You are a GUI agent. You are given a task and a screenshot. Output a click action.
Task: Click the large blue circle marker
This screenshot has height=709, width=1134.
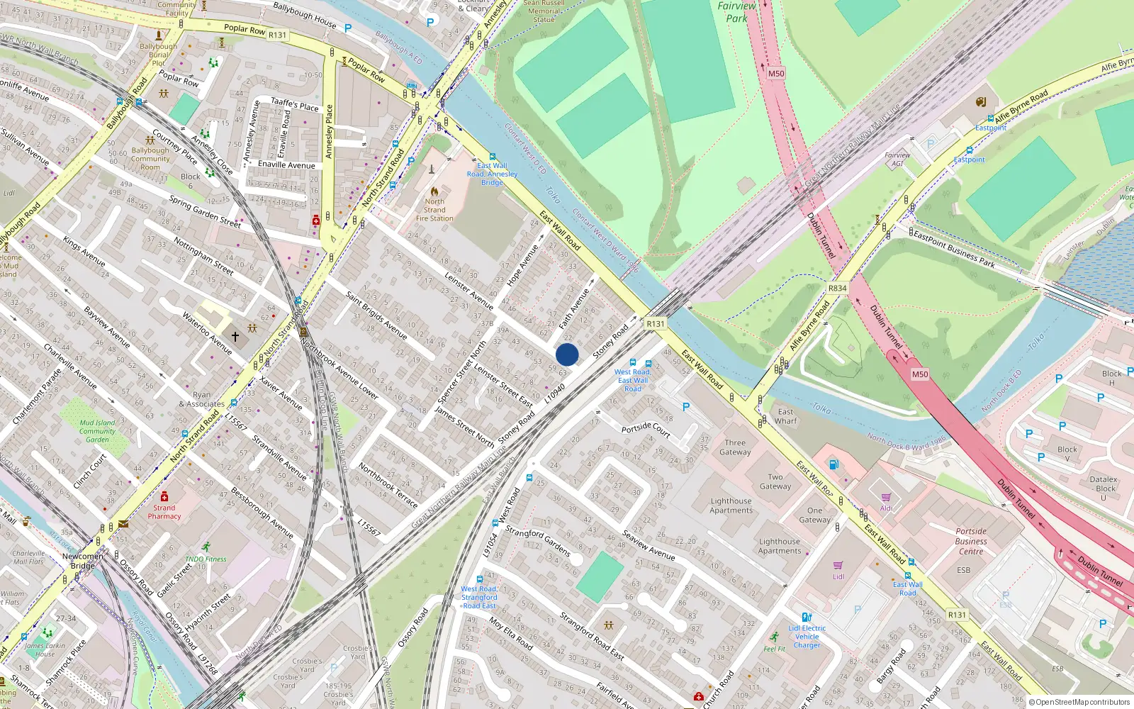click(x=567, y=354)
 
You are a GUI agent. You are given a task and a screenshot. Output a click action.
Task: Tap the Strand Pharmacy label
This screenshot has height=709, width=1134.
click(x=164, y=512)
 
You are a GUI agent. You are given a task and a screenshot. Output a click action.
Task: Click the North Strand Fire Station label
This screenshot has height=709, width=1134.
click(x=434, y=210)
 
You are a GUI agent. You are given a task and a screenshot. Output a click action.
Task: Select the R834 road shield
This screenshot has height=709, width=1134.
click(x=837, y=288)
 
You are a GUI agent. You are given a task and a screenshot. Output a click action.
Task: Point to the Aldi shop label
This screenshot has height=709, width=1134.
click(x=886, y=508)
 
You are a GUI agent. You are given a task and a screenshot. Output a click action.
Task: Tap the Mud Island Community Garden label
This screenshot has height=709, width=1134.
click(x=97, y=431)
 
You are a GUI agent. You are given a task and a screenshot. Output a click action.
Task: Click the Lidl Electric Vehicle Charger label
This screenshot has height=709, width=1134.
click(x=807, y=637)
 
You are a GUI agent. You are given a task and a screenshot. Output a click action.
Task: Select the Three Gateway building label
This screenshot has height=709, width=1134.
click(x=735, y=447)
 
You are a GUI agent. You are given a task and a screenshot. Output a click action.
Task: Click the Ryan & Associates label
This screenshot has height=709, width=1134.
click(x=202, y=400)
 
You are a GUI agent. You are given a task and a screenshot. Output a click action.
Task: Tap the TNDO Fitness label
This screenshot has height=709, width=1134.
click(x=206, y=559)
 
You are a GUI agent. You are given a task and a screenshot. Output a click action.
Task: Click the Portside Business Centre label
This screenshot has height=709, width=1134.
click(x=971, y=541)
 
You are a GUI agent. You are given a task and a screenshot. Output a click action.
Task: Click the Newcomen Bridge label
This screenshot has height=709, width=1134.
click(x=82, y=561)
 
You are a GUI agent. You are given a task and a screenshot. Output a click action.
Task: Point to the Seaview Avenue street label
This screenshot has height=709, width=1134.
click(x=649, y=545)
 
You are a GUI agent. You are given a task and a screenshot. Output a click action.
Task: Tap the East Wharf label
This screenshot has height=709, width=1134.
click(x=785, y=416)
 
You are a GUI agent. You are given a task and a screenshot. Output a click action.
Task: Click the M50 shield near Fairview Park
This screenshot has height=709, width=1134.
click(x=776, y=73)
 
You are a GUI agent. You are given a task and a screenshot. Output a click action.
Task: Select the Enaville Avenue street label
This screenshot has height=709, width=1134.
click(x=286, y=164)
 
